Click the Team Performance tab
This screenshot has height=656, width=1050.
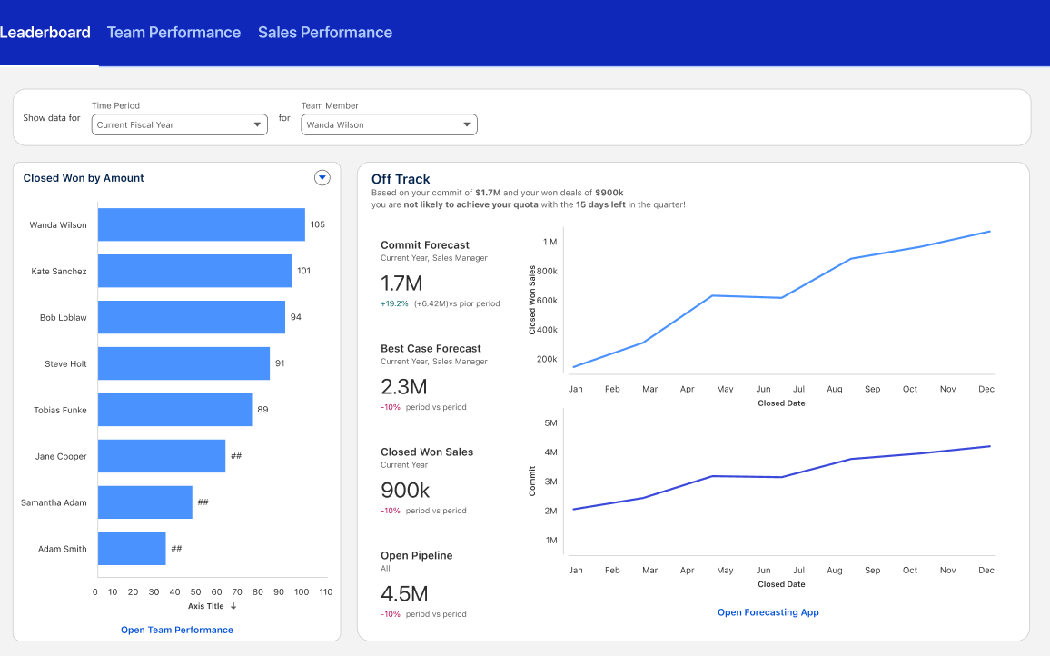click(x=173, y=33)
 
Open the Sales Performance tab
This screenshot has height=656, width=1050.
click(x=325, y=33)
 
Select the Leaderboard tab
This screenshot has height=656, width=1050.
click(x=45, y=33)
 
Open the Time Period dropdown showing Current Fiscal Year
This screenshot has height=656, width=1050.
click(x=179, y=124)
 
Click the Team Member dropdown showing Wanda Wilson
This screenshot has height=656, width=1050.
click(x=389, y=124)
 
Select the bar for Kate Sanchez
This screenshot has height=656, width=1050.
click(x=194, y=271)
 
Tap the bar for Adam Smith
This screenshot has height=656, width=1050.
click(x=132, y=549)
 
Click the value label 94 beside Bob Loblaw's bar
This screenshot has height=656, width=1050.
click(x=295, y=317)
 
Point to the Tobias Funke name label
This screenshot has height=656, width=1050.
click(x=60, y=410)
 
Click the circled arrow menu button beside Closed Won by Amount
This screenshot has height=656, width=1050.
click(x=322, y=178)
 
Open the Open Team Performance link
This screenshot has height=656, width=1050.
click(x=177, y=630)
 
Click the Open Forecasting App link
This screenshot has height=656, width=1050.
click(x=768, y=612)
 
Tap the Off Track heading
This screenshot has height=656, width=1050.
click(x=401, y=179)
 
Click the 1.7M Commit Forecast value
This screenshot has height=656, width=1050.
click(x=403, y=283)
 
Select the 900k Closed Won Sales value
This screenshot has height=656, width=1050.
click(x=405, y=491)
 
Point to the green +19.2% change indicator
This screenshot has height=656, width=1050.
click(x=394, y=303)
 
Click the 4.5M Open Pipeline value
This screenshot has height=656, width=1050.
click(x=404, y=594)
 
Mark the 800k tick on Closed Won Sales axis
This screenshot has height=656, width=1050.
click(x=547, y=271)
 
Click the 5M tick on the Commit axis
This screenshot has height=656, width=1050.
click(x=550, y=422)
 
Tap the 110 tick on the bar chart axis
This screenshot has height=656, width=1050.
click(x=326, y=591)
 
